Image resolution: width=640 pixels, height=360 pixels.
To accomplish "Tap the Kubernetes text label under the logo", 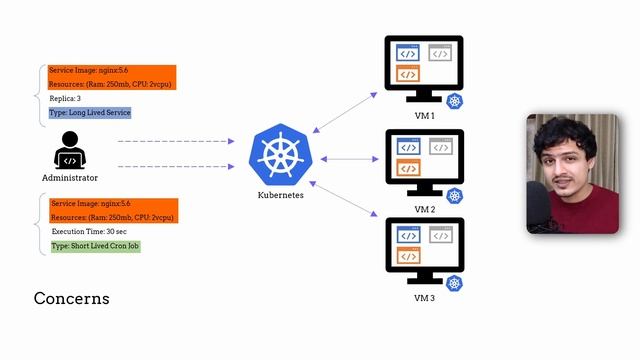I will tap(280, 195).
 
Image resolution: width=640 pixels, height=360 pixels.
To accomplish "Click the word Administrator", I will tap(70, 178).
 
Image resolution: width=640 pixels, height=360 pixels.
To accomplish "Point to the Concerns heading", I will tap(71, 299).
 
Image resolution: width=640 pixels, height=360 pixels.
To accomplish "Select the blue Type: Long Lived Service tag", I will tap(90, 113).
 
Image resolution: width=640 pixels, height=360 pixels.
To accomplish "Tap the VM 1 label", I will tap(424, 116).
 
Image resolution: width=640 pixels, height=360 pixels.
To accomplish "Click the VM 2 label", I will tap(424, 209).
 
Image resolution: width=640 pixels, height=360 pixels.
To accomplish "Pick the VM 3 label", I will tap(424, 298).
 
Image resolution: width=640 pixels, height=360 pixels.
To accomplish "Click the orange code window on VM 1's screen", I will tap(407, 74).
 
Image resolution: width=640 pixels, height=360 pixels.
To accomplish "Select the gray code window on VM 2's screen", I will tap(440, 147).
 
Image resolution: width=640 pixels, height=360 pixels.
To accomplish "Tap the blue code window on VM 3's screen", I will tap(407, 236).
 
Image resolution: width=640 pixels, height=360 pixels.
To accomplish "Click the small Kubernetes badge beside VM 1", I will tap(455, 102).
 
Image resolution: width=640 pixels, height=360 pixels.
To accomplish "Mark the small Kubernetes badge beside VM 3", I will tap(455, 284).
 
